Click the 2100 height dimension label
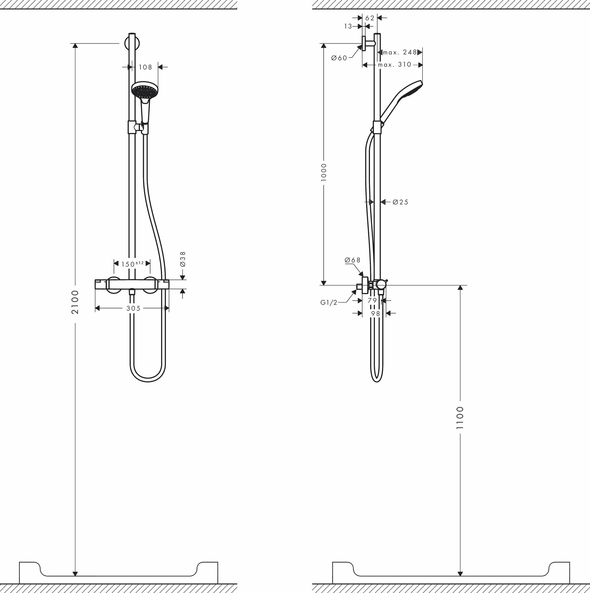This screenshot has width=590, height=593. pyautogui.click(x=75, y=302)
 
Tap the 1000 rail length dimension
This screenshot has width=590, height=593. pyautogui.click(x=324, y=172)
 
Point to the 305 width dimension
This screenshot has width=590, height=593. pyautogui.click(x=133, y=308)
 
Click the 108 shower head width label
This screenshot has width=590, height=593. pyautogui.click(x=145, y=67)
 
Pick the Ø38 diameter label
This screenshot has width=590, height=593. pyautogui.click(x=183, y=259)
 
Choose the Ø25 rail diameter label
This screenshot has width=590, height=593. pyautogui.click(x=400, y=202)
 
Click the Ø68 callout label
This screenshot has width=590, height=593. pyautogui.click(x=352, y=260)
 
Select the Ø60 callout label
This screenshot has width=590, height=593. pyautogui.click(x=339, y=58)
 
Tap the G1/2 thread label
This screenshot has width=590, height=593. pyautogui.click(x=329, y=303)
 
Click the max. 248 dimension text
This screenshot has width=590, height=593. pyautogui.click(x=400, y=52)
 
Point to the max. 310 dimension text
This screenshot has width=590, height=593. pyautogui.click(x=394, y=65)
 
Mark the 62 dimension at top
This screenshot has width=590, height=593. pyautogui.click(x=370, y=18)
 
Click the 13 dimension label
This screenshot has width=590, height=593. pyautogui.click(x=348, y=27)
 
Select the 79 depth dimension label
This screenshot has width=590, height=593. pyautogui.click(x=372, y=300)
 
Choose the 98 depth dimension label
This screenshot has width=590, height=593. pyautogui.click(x=375, y=313)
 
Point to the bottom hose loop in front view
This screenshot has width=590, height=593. pyautogui.click(x=148, y=380)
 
